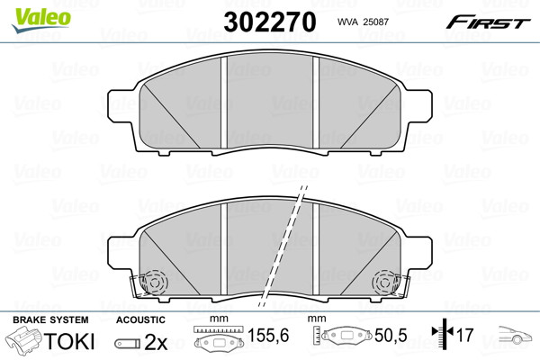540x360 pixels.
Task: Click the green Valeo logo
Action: [x=41, y=20]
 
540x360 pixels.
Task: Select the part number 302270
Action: [x=270, y=22]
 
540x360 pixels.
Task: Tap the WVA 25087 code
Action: [x=363, y=22]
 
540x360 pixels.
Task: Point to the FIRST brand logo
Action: [x=488, y=22]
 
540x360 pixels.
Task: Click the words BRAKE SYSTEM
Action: [x=50, y=319]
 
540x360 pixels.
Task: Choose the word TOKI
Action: [x=69, y=341]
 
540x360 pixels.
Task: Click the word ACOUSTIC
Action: [x=140, y=319]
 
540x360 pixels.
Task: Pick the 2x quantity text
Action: [x=156, y=342]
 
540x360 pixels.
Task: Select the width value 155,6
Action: [x=268, y=335]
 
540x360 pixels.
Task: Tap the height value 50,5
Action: [x=391, y=335]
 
